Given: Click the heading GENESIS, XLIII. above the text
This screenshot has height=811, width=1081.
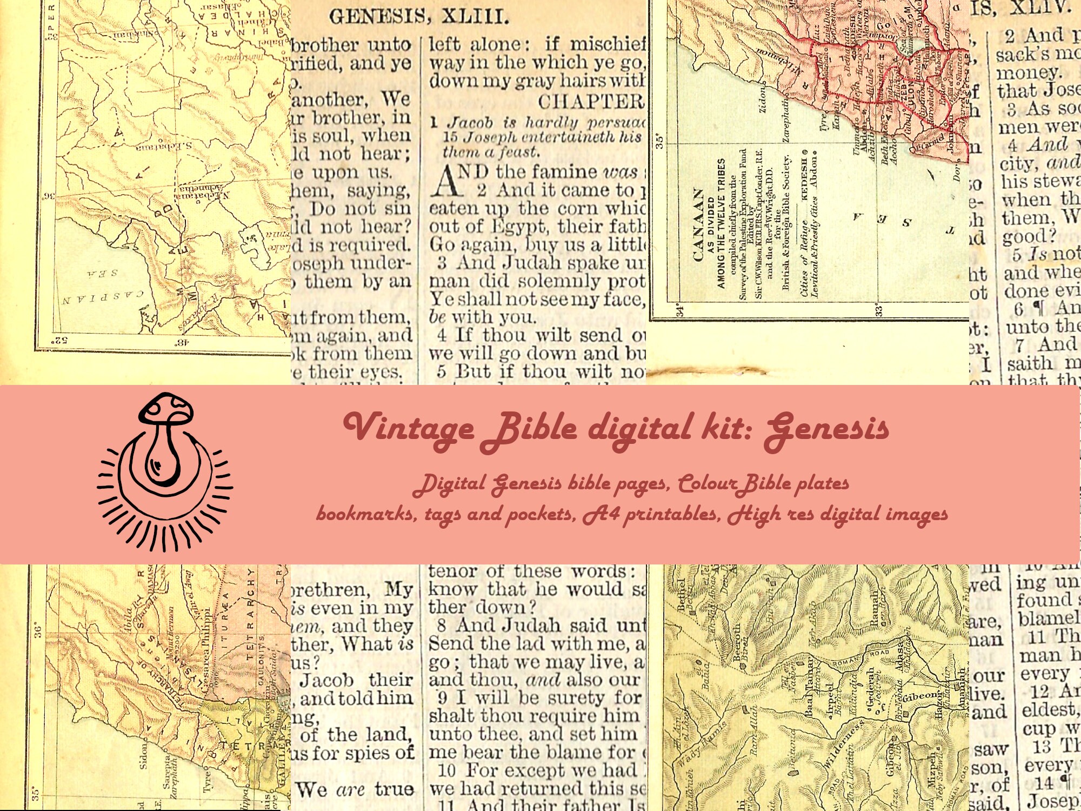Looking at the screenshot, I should click(419, 17).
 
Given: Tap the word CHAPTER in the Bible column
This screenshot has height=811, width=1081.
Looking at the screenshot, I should click(590, 102).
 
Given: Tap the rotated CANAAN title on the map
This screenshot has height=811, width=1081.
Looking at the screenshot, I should click(698, 224).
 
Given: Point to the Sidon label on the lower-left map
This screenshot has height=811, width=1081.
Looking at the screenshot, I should click(143, 756).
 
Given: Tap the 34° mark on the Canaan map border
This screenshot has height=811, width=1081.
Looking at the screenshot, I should click(679, 310).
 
